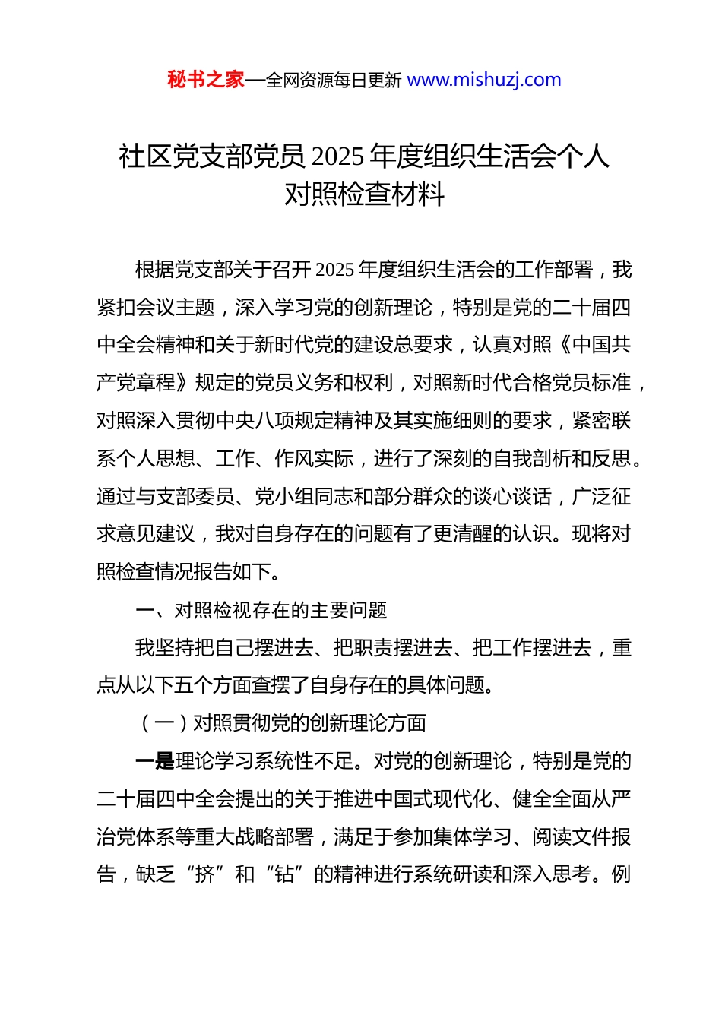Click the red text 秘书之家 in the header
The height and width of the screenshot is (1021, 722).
click(205, 80)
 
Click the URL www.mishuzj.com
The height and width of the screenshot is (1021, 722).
click(484, 80)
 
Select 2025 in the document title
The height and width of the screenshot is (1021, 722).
click(337, 156)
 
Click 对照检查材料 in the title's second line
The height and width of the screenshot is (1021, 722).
click(364, 194)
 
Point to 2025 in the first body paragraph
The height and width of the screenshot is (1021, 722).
click(334, 270)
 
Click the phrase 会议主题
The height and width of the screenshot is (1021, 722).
click(176, 308)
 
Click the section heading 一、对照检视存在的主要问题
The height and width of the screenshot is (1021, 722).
click(261, 610)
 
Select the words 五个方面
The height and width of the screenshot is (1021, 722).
click(214, 685)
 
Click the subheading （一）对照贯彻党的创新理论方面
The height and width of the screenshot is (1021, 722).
click(281, 723)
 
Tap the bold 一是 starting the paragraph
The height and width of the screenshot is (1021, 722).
click(155, 761)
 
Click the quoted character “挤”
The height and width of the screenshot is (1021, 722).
click(204, 875)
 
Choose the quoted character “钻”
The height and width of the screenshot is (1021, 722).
click(284, 875)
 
